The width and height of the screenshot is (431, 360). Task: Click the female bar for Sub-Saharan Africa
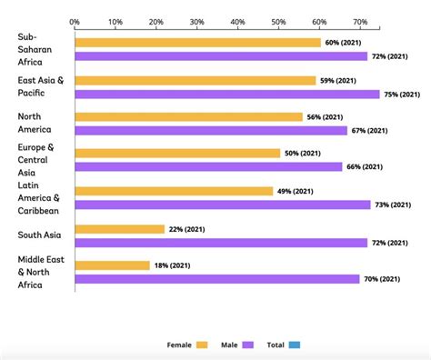click(197, 43)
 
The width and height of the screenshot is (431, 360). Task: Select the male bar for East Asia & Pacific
click(226, 94)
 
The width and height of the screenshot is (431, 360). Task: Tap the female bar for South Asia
click(119, 229)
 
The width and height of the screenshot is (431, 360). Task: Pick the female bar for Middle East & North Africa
click(112, 265)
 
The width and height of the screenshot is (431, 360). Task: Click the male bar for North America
click(211, 130)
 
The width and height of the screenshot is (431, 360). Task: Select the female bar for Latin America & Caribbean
click(174, 191)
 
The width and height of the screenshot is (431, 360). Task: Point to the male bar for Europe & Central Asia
click(208, 166)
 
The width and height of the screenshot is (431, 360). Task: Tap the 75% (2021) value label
click(402, 94)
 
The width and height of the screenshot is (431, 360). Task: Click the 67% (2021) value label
click(369, 130)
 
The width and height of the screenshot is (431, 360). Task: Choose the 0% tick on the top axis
click(75, 20)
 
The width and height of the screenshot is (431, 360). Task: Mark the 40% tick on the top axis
click(237, 20)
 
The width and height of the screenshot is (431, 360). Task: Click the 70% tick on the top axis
click(359, 20)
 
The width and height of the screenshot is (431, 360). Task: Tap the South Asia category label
click(39, 235)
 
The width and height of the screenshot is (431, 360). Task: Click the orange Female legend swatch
click(201, 345)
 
